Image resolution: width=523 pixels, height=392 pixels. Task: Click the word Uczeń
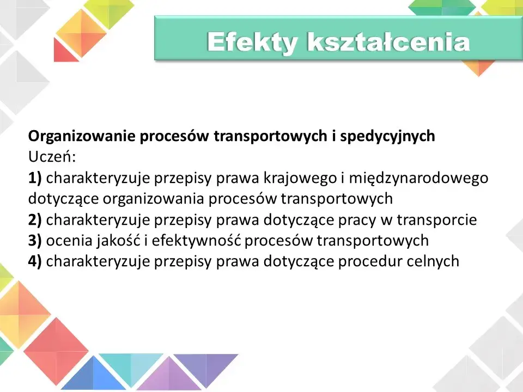coord(52,157)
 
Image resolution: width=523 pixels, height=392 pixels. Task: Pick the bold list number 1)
coord(35,178)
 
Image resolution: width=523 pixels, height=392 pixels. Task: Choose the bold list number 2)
coord(35,220)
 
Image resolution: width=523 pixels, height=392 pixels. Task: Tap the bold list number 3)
coord(35,241)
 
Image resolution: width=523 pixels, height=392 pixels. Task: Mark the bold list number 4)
coord(35,261)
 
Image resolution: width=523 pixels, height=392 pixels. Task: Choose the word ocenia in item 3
coord(65,241)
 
